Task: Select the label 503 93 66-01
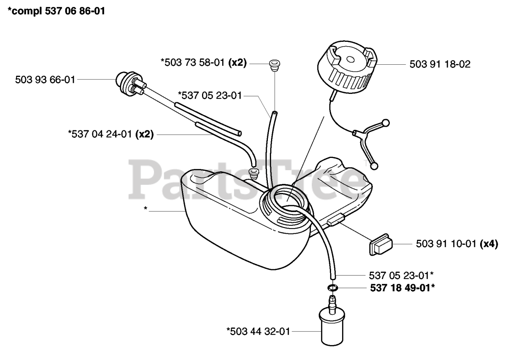pyautogui.click(x=45, y=80)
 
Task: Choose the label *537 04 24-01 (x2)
pyautogui.click(x=110, y=135)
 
